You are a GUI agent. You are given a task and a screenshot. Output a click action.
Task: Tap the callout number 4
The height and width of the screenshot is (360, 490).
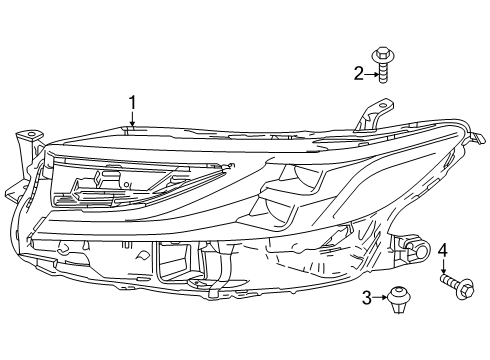tap(443, 249)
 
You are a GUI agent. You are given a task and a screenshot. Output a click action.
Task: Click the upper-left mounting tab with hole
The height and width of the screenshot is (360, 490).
tap(31, 134)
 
